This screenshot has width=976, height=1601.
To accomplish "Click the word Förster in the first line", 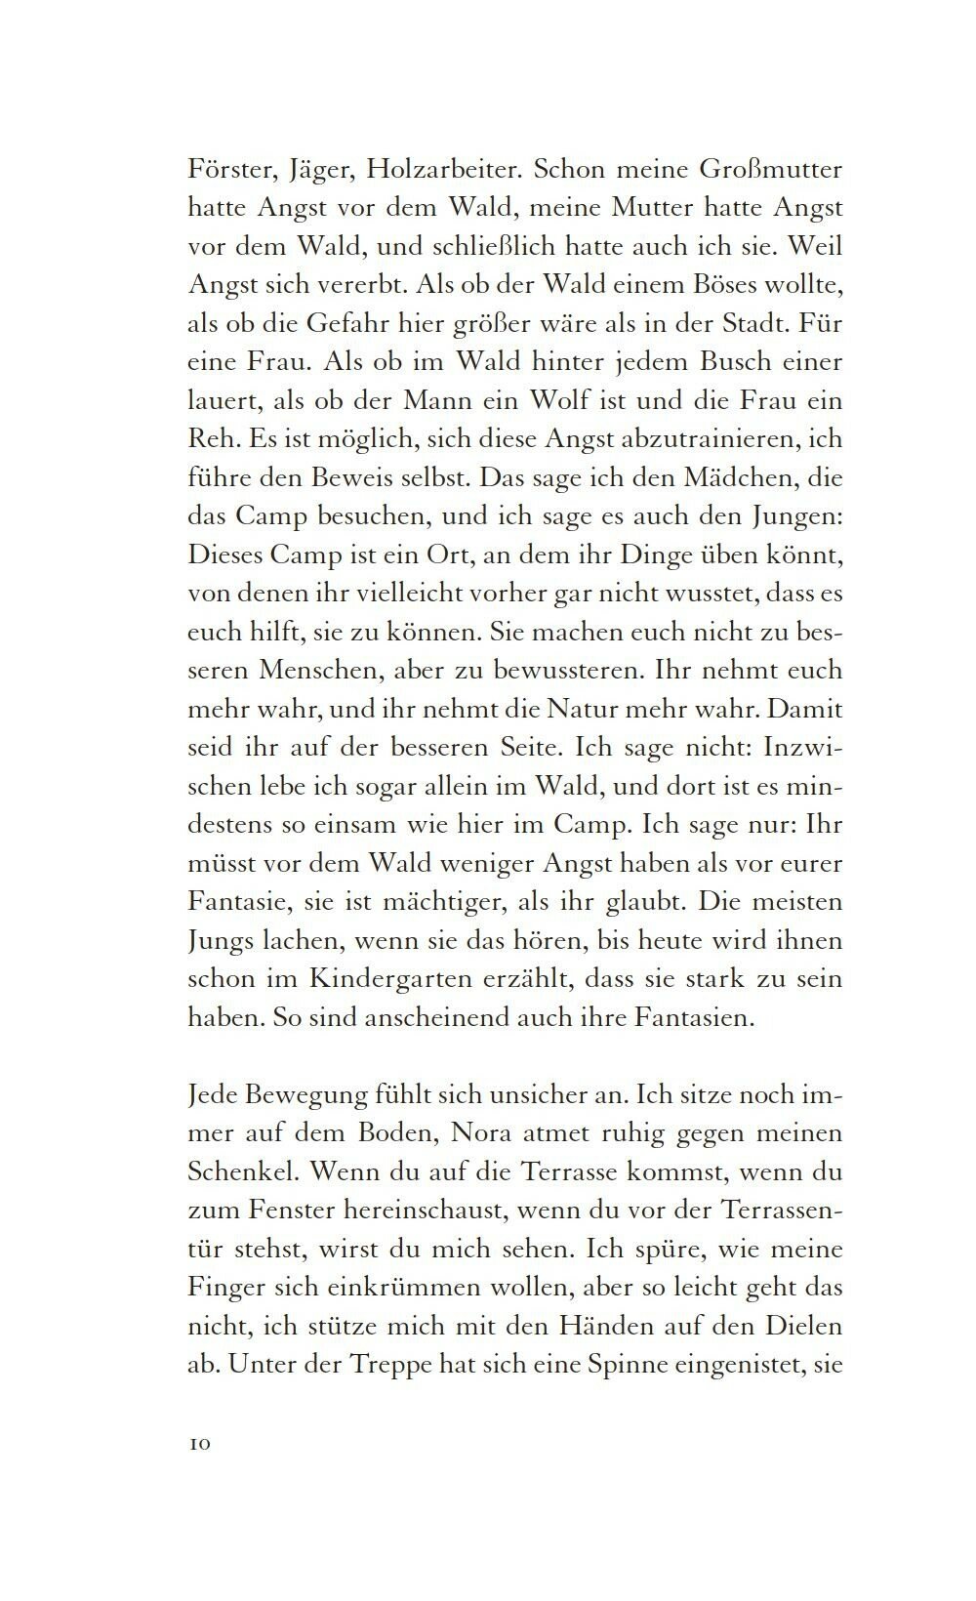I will pyautogui.click(x=226, y=170).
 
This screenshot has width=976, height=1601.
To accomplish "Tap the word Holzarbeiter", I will pyautogui.click(x=447, y=170).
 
